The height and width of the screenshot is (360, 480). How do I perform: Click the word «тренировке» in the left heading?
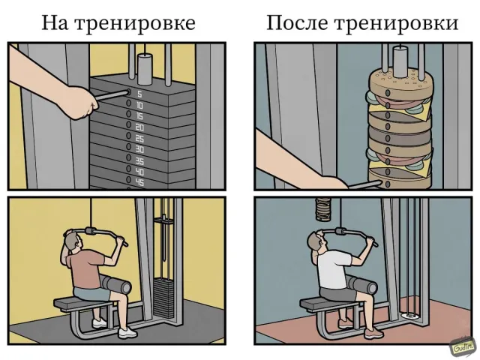coord(135,23)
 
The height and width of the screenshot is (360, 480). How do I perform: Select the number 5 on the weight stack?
coord(139,94)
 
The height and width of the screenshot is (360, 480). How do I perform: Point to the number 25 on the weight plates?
coord(139,139)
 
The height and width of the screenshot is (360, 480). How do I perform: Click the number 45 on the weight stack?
coord(139,182)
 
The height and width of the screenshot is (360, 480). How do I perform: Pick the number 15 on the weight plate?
coord(139,117)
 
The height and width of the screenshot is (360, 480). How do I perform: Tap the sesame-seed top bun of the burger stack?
coord(400,82)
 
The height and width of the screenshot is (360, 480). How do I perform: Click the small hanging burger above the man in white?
coord(324,210)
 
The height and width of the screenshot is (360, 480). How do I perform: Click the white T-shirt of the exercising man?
coord(333,270)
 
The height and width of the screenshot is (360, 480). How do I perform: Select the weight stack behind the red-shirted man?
coord(163,297)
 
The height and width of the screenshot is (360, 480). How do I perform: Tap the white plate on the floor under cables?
coord(409,315)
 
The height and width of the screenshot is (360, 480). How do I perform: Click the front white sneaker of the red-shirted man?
coord(127,333)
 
